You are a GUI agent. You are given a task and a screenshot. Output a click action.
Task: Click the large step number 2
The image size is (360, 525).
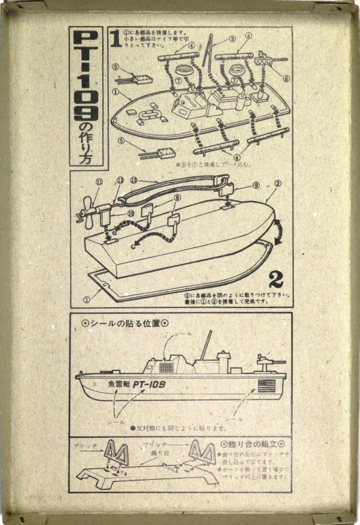click(276, 280)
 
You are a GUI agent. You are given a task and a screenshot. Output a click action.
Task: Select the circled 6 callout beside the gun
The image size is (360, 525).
click(286, 78)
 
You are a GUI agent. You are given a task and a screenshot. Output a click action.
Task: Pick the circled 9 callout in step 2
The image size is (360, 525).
click(256, 185)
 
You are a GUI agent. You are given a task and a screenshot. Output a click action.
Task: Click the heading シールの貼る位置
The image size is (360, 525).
click(125, 324)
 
